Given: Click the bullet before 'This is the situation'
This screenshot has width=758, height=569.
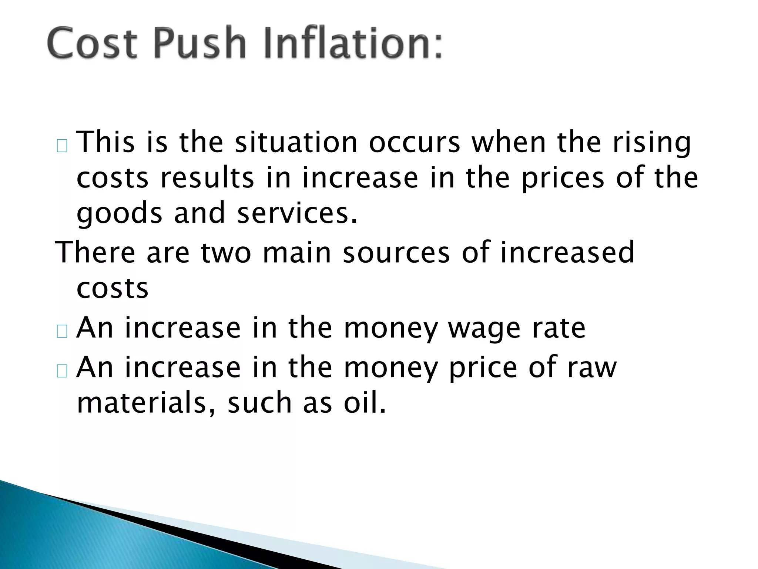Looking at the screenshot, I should (x=62, y=146).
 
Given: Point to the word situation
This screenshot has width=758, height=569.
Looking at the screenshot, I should (x=296, y=142).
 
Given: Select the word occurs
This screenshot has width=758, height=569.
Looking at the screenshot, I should (x=415, y=142).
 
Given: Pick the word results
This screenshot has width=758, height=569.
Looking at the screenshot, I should (x=207, y=178).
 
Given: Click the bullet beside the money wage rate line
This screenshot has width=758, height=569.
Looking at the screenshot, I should (x=62, y=331).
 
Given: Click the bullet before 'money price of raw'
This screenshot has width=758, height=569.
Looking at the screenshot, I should (x=62, y=371).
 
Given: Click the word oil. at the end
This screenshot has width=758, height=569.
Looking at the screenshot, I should (x=365, y=403).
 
